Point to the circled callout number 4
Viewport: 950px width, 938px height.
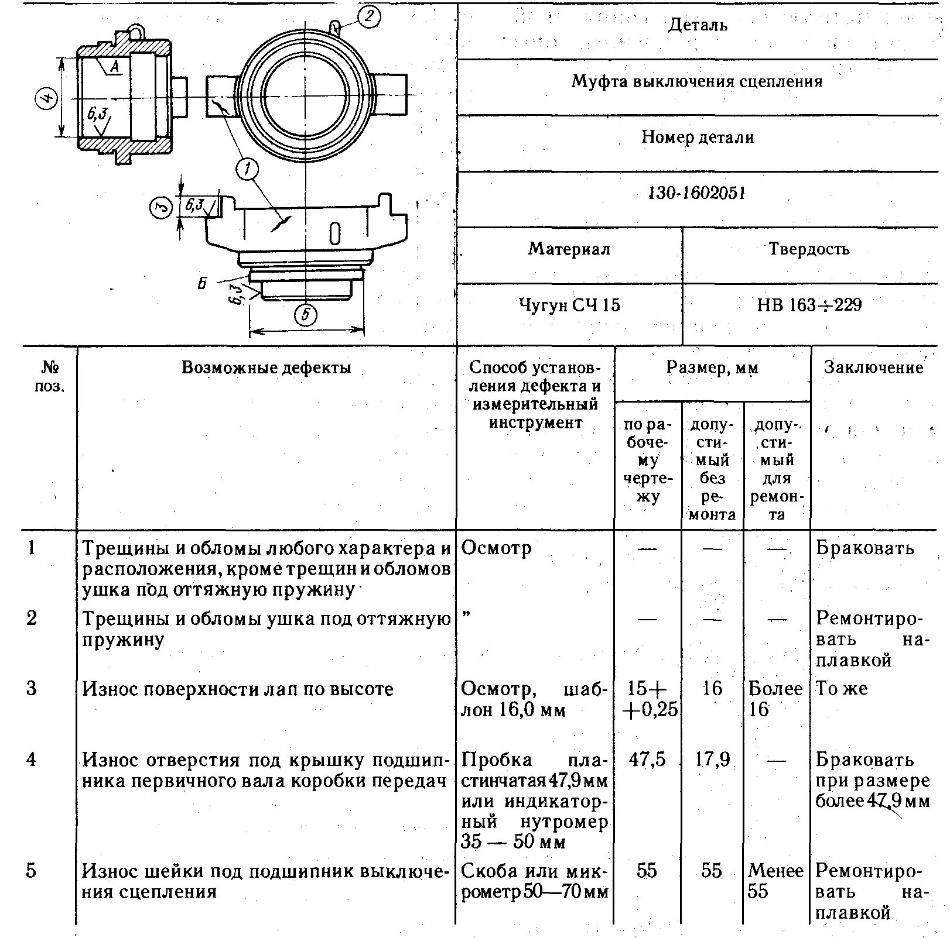pos(47,98)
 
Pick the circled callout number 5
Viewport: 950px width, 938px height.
pos(305,315)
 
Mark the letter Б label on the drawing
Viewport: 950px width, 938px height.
pos(202,284)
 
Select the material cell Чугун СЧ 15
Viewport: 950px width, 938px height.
pos(569,305)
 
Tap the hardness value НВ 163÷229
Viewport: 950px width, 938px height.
pos(809,305)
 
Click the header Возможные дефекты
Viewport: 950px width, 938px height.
pos(266,367)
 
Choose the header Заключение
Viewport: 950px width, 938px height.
pos(873,367)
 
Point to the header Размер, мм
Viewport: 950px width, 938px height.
pos(712,367)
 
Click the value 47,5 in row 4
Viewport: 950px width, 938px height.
pos(647,760)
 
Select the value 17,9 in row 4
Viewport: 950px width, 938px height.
pos(712,760)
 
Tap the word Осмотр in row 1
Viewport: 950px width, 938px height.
pos(497,548)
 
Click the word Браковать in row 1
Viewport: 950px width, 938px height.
pos(864,548)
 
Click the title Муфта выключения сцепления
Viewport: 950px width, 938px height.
pos(697,81)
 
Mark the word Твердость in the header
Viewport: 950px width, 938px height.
pos(809,249)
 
